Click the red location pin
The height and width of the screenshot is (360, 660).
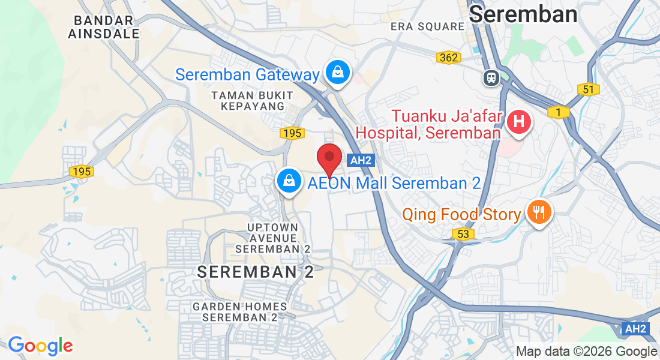(329, 158)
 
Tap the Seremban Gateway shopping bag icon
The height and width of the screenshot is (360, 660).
(338, 72)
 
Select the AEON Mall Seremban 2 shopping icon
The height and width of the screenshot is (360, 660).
(289, 181)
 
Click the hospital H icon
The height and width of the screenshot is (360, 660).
(519, 122)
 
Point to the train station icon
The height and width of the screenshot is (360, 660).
(491, 77)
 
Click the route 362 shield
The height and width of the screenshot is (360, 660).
(448, 58)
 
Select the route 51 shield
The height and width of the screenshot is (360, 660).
(589, 89)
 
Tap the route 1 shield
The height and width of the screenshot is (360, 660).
(559, 112)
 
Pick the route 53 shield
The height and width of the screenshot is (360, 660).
(463, 234)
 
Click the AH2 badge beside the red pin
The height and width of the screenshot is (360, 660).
(361, 160)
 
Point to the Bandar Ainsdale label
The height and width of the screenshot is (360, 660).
(104, 27)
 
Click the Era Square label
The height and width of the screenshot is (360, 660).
(427, 26)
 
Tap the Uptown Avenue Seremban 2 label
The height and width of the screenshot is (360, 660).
(273, 238)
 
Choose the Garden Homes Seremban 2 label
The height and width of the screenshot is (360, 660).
(240, 311)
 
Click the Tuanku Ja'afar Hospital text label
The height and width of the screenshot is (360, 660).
(428, 124)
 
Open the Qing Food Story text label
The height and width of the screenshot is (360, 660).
(461, 214)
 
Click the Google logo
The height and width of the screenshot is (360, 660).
(40, 346)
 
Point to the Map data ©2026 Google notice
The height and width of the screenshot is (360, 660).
(587, 352)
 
